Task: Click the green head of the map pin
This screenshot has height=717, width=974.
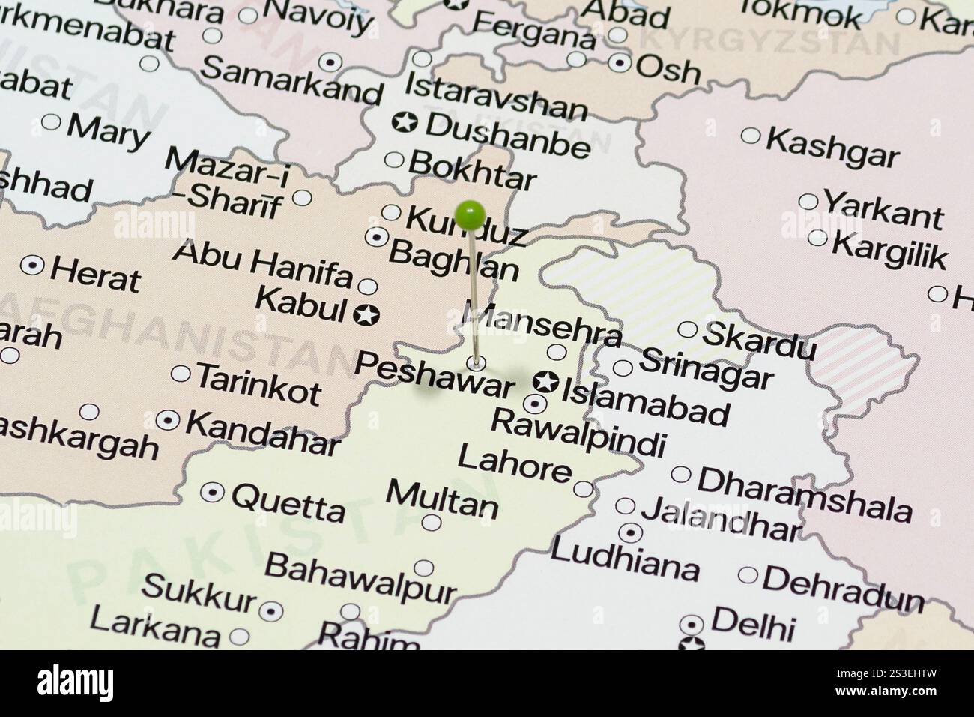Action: pyautogui.click(x=470, y=216)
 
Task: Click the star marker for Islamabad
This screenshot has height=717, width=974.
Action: pyautogui.click(x=545, y=382)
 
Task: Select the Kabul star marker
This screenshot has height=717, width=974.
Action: pyautogui.click(x=366, y=315)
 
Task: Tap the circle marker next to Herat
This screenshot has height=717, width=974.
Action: pyautogui.click(x=33, y=265)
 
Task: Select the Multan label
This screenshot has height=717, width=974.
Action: pyautogui.click(x=442, y=498)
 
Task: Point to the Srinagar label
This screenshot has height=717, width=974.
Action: pyautogui.click(x=706, y=368)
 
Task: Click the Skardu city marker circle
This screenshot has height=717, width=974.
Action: pyautogui.click(x=687, y=328)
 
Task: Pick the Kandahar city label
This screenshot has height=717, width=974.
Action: pyautogui.click(x=262, y=433)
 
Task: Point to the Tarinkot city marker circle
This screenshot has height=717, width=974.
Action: pyautogui.click(x=181, y=373)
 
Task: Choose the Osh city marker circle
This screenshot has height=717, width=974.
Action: pyautogui.click(x=620, y=62)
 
